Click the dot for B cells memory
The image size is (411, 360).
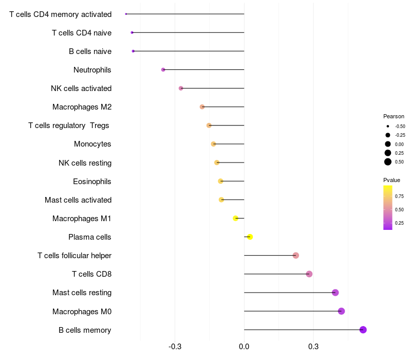[x=363, y=330]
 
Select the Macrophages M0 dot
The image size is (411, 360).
[x=341, y=311]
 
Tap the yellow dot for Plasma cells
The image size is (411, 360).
[x=250, y=237]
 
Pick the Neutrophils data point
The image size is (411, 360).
[x=163, y=69]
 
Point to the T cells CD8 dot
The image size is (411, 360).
[x=309, y=274]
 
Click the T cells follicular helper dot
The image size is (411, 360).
[x=295, y=256]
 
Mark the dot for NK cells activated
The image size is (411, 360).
[x=181, y=88]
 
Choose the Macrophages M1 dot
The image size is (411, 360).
[x=236, y=218]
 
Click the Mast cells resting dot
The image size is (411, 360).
[x=335, y=293]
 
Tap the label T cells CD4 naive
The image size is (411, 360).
[x=82, y=33]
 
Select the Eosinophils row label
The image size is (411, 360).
[x=92, y=182]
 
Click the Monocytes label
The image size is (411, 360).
[x=92, y=144]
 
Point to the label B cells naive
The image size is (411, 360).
[x=90, y=51]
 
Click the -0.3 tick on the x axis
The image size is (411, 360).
[x=175, y=347]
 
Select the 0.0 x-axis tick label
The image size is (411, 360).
[x=244, y=347]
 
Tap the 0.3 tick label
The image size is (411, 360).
[x=313, y=347]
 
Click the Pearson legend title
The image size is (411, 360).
[x=394, y=116]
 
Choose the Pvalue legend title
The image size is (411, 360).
[x=391, y=180]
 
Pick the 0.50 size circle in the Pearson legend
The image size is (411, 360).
[x=388, y=162]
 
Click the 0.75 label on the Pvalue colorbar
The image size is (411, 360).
[x=399, y=196]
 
